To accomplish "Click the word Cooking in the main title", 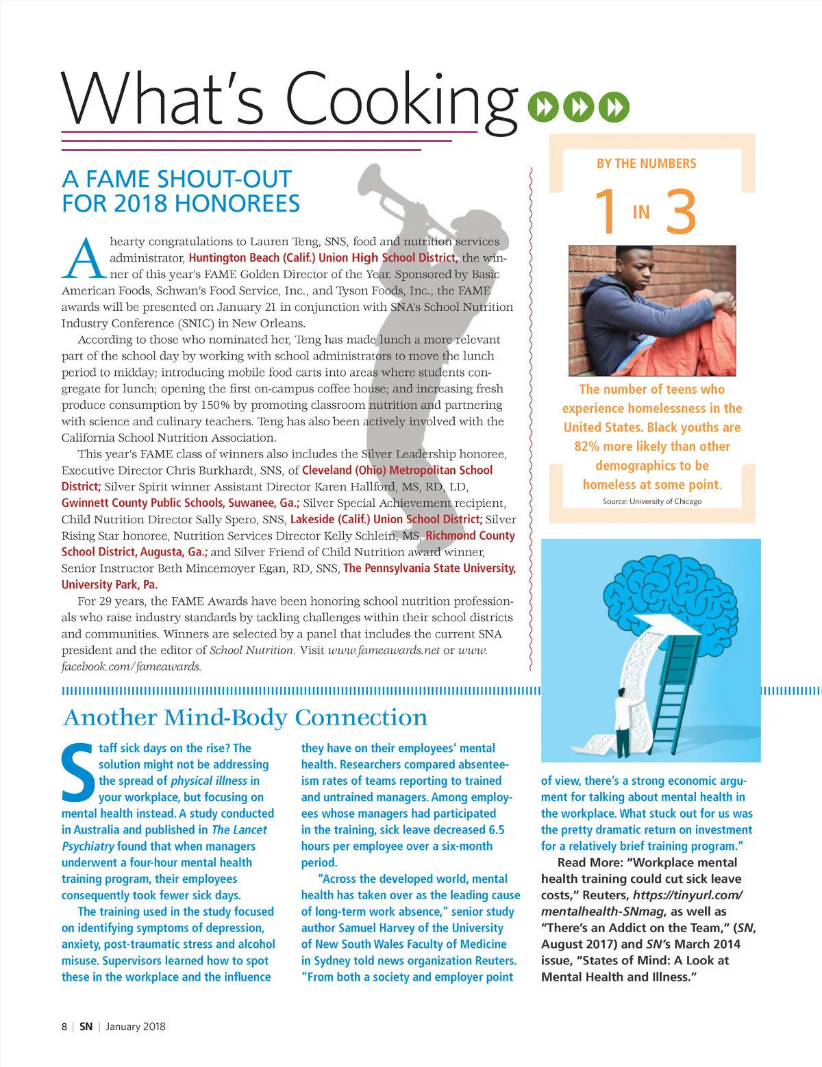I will (x=401, y=99).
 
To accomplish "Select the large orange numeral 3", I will (x=681, y=212).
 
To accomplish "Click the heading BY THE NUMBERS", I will (x=646, y=164).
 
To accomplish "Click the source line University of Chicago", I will (x=652, y=501).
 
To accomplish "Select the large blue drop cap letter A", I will (x=84, y=259).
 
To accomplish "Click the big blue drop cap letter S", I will (x=77, y=773).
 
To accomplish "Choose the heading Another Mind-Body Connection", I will (x=245, y=718).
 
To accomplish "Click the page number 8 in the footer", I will (x=64, y=1027).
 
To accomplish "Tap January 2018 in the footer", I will (x=136, y=1027).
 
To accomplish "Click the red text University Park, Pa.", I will (x=110, y=585).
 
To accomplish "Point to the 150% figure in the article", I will (x=214, y=405).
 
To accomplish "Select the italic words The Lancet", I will (x=239, y=830).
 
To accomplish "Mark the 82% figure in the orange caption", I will (x=587, y=447).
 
